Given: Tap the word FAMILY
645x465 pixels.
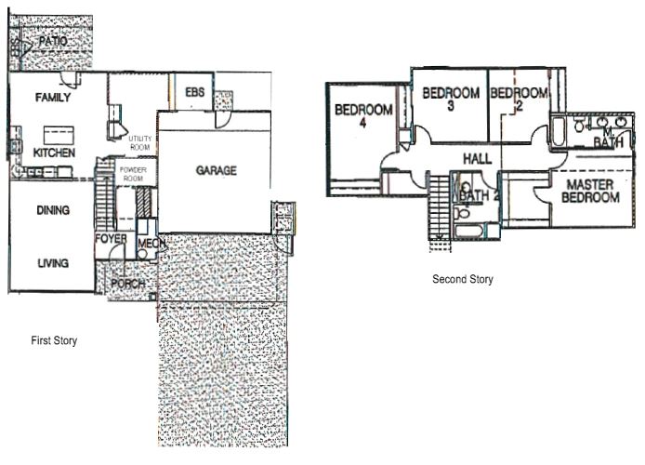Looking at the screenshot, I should click(x=53, y=98).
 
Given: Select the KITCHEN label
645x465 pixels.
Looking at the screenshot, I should click(x=54, y=153).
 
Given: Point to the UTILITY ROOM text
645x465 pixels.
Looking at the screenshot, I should click(x=140, y=142).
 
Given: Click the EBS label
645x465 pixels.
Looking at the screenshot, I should click(x=194, y=92).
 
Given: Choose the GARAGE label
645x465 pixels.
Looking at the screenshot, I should click(x=216, y=170).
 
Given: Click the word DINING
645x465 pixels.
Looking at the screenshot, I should click(x=53, y=210).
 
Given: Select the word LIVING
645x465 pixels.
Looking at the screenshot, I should click(x=53, y=263).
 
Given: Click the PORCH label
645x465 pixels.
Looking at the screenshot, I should click(x=127, y=284).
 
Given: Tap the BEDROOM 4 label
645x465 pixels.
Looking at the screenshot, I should click(x=363, y=115).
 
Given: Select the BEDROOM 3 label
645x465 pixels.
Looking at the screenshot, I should click(x=451, y=99).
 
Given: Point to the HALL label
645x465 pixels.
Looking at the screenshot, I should click(x=476, y=160).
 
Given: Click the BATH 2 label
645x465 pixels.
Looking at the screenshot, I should click(x=478, y=196).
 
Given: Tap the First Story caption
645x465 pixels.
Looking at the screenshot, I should click(x=54, y=341).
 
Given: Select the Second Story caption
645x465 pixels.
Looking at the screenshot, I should click(x=463, y=279).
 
